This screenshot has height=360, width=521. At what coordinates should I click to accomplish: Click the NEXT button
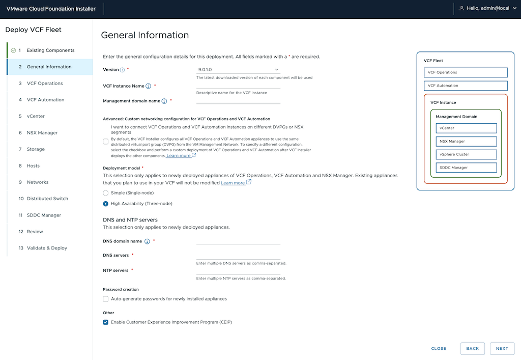click(x=502, y=348)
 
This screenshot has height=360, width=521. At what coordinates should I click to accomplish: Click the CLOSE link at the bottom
click(x=439, y=349)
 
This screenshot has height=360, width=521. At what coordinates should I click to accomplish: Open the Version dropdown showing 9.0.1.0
click(x=238, y=69)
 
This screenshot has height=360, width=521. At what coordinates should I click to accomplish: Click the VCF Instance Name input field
click(x=238, y=85)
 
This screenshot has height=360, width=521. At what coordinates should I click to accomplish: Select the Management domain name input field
click(x=238, y=100)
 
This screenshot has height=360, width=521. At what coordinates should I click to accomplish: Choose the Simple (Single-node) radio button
click(x=106, y=193)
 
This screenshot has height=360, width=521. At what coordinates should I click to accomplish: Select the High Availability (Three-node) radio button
click(x=106, y=204)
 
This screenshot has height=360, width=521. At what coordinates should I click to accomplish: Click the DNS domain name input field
click(x=238, y=241)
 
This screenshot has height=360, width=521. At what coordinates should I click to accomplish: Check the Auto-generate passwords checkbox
click(x=106, y=299)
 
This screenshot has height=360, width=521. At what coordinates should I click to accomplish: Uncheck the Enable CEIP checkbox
click(x=106, y=322)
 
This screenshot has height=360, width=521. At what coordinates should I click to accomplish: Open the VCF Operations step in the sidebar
click(x=45, y=84)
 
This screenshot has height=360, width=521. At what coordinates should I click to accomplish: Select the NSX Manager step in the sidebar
click(x=42, y=133)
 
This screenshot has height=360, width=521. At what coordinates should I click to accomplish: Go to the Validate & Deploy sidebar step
click(x=47, y=248)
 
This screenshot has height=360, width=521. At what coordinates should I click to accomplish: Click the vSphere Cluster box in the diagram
click(x=466, y=154)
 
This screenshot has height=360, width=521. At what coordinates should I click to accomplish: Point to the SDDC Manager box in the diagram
click(x=466, y=168)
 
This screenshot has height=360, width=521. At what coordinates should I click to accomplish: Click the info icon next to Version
click(x=123, y=70)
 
